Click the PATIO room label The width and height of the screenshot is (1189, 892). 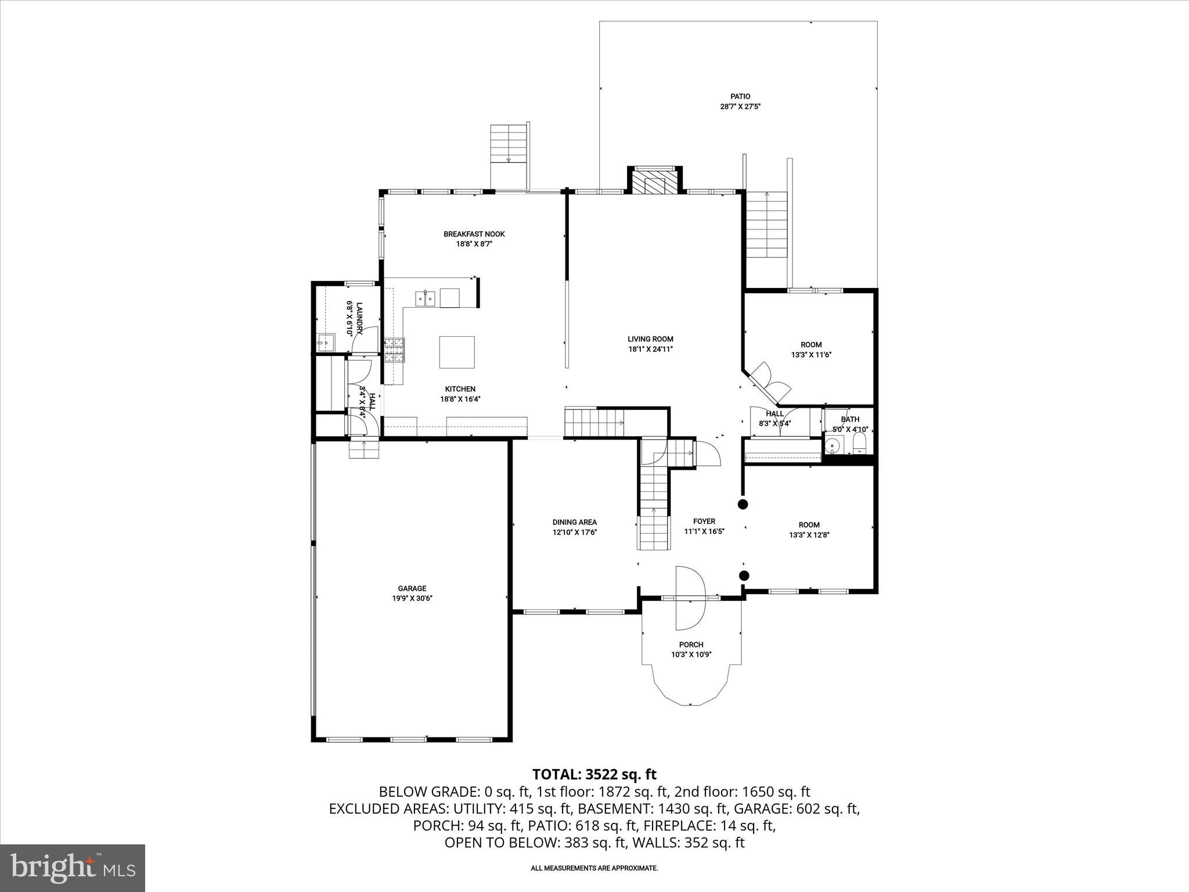tap(740, 96)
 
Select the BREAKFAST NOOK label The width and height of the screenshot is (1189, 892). tap(474, 234)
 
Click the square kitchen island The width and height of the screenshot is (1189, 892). tap(456, 352)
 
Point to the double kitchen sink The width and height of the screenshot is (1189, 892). tap(426, 298)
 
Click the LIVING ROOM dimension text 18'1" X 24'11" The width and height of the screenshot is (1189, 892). tap(650, 350)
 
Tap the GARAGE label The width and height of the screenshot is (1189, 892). tap(412, 588)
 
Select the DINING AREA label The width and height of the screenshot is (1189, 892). tap(574, 522)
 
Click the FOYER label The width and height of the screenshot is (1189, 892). tap(704, 521)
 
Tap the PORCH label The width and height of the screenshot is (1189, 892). tap(691, 645)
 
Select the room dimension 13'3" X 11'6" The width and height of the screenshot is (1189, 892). tap(811, 355)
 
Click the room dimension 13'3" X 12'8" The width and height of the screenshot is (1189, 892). tap(809, 535)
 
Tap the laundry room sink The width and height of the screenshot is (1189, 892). tap(326, 343)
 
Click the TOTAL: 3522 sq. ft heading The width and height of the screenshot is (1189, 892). tap(594, 774)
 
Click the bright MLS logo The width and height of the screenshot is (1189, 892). tap(73, 868)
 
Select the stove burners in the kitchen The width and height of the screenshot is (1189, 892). tap(394, 351)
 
